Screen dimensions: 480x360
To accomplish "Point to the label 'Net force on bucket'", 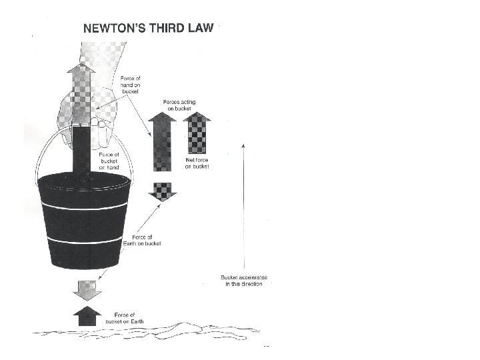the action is pyautogui.click(x=197, y=163).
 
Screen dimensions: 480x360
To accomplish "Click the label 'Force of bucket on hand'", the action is pyautogui.click(x=109, y=161).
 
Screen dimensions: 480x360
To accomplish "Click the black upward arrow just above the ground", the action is pyautogui.click(x=87, y=315).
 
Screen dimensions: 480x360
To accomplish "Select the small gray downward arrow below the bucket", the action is pyautogui.click(x=87, y=289).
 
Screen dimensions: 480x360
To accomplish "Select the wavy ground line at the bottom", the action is pyautogui.click(x=147, y=334).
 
